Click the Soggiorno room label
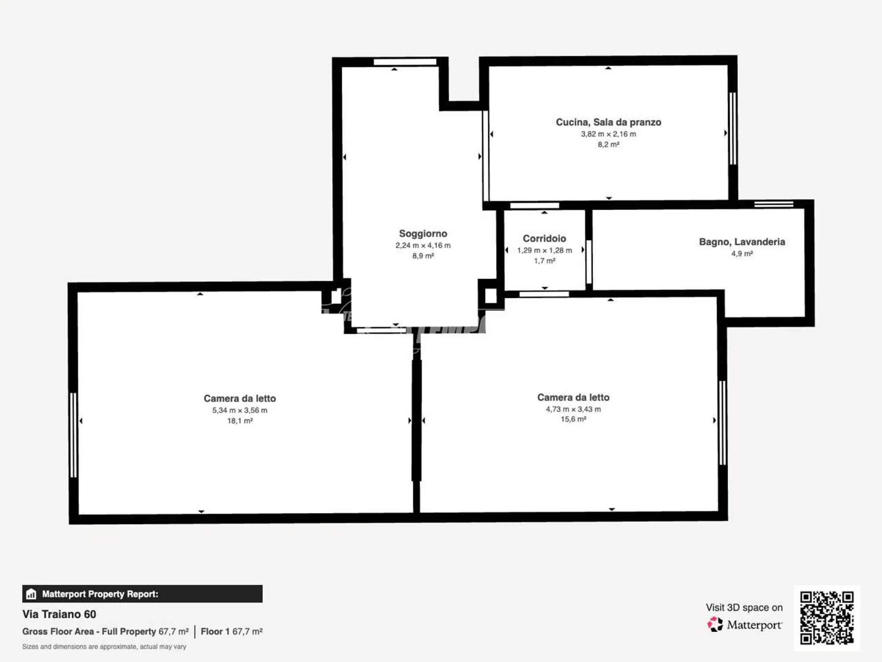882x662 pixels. (423, 233)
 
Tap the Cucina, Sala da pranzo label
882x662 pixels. (608, 122)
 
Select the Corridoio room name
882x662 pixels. (544, 238)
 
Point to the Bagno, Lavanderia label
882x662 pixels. (742, 242)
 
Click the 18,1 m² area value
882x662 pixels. (240, 421)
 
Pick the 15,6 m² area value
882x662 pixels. (573, 419)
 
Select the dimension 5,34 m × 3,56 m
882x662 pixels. (240, 410)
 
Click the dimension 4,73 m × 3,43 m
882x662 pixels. (573, 409)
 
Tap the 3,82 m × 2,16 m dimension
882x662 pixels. (608, 134)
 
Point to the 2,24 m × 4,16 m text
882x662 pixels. (423, 245)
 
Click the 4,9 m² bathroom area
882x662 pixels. (742, 254)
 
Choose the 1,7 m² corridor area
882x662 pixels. (544, 261)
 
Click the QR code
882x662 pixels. (827, 618)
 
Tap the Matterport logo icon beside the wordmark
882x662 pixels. (715, 624)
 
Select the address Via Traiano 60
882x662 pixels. (59, 614)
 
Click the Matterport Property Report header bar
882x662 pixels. (142, 594)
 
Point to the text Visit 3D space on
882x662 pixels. (744, 608)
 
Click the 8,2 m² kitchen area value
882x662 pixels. (608, 145)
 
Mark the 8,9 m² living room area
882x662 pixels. (423, 256)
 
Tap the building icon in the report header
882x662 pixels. (31, 594)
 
